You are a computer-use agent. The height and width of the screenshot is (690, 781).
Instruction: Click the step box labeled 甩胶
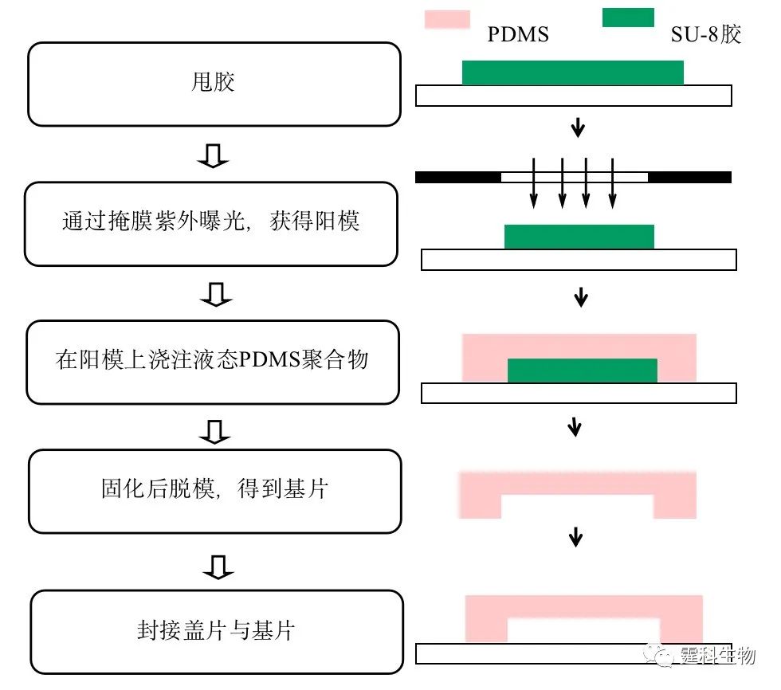(214, 84)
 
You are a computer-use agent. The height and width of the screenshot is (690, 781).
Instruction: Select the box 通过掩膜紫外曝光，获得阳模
(211, 224)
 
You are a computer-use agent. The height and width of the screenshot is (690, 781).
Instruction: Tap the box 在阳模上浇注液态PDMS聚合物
(213, 362)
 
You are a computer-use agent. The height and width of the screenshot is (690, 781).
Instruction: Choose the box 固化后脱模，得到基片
(215, 492)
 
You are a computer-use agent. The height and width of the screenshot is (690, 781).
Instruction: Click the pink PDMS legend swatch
(447, 19)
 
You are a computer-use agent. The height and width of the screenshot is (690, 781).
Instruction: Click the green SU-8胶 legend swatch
(628, 18)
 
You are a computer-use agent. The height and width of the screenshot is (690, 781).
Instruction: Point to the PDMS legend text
(518, 34)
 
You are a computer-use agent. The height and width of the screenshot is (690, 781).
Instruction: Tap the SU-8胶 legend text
(706, 34)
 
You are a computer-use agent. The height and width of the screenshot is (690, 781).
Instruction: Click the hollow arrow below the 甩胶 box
(213, 156)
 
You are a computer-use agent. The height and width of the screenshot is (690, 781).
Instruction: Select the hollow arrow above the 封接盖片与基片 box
(218, 567)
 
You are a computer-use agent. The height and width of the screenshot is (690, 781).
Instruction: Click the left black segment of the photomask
(458, 177)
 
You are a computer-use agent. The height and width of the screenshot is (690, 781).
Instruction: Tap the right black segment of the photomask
(690, 177)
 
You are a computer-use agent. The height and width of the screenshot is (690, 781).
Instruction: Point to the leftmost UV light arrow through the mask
(533, 183)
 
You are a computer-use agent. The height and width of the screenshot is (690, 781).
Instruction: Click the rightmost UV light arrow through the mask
(613, 183)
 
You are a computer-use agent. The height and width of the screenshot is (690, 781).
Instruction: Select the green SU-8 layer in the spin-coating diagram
(573, 73)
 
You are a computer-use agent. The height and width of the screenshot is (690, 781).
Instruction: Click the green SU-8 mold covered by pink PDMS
(583, 370)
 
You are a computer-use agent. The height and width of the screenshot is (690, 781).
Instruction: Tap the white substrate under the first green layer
(574, 96)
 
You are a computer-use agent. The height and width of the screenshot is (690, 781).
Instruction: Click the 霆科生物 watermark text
(718, 655)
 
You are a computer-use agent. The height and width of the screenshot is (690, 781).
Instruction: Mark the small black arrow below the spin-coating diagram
(578, 127)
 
